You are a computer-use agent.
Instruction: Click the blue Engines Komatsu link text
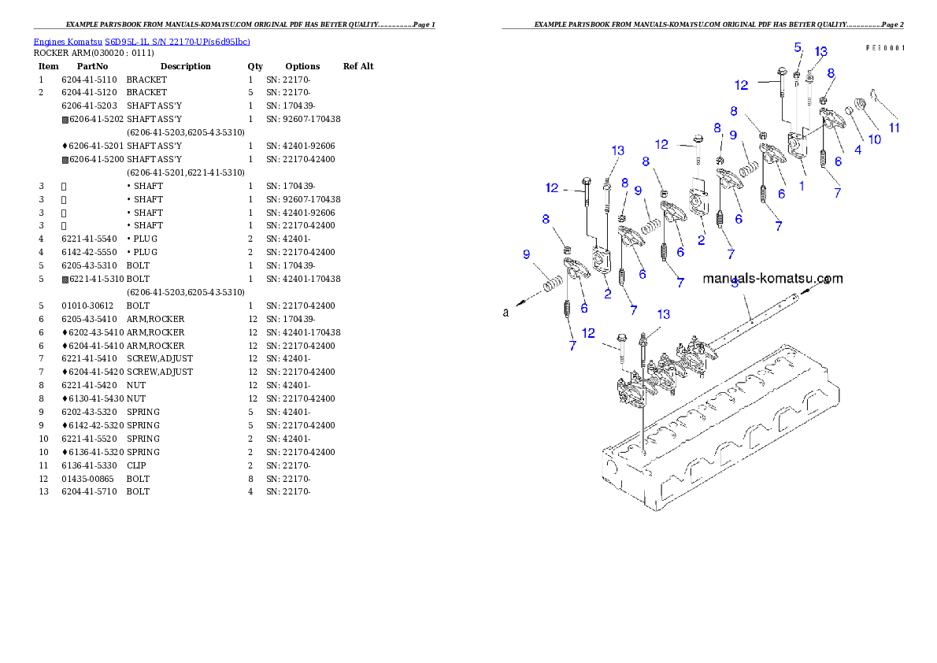pyautogui.click(x=142, y=42)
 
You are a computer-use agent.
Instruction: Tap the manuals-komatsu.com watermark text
pyautogui.click(x=772, y=278)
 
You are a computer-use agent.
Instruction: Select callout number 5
pyautogui.click(x=797, y=47)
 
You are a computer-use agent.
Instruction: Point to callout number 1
pyautogui.click(x=802, y=187)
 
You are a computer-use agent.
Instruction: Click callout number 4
pyautogui.click(x=857, y=150)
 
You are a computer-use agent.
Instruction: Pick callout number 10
pyautogui.click(x=874, y=139)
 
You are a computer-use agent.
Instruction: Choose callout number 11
pyautogui.click(x=894, y=127)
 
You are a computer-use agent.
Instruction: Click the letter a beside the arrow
pyautogui.click(x=506, y=313)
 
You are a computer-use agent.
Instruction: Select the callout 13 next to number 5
pyautogui.click(x=820, y=52)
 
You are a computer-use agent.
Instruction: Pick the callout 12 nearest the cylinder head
pyautogui.click(x=588, y=333)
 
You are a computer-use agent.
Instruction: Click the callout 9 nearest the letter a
pyautogui.click(x=526, y=254)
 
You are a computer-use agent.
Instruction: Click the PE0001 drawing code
pyautogui.click(x=885, y=48)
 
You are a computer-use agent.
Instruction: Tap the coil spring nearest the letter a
pyautogui.click(x=553, y=280)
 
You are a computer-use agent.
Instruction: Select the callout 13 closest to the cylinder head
pyautogui.click(x=664, y=314)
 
